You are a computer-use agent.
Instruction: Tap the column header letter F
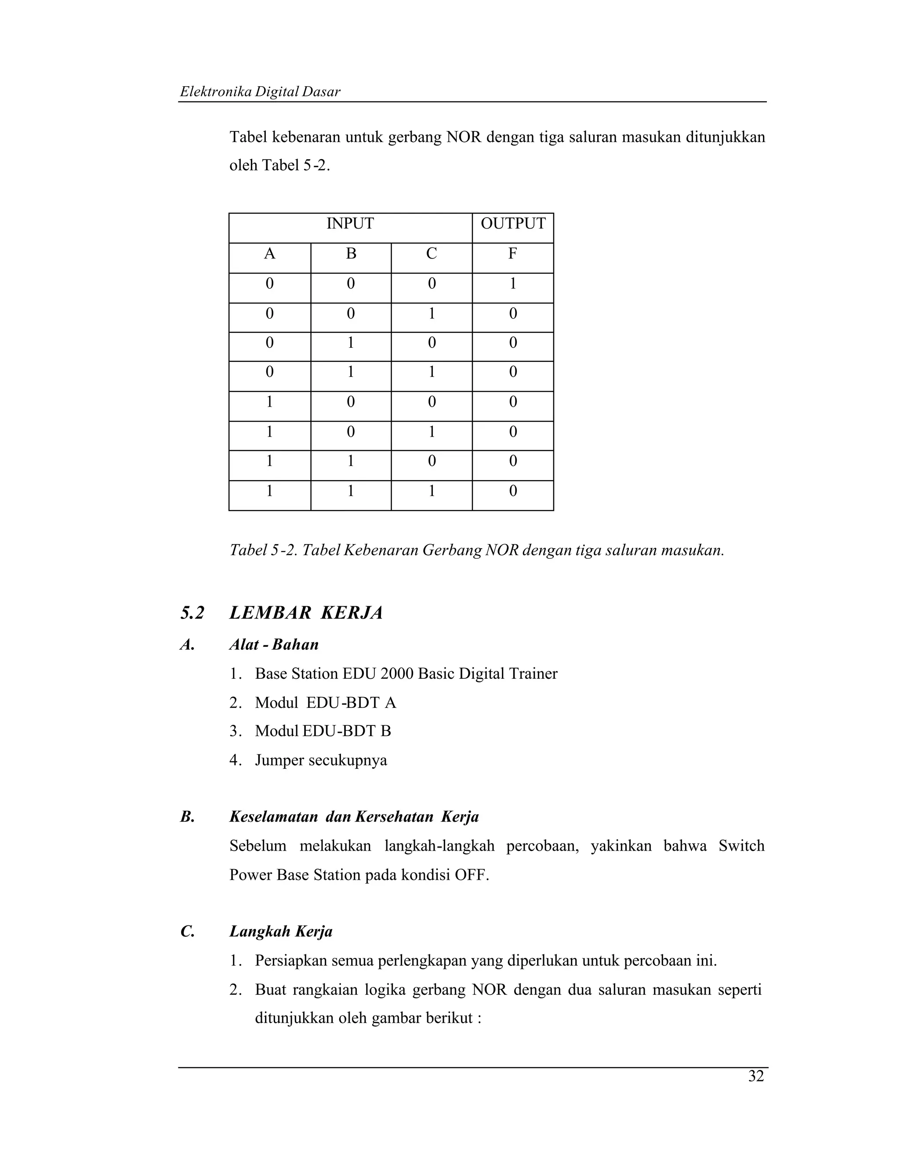pos(512,254)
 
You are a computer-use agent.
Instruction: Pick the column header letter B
pos(351,254)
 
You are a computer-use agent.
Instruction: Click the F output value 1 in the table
pos(513,284)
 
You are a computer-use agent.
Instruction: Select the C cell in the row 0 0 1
pos(432,313)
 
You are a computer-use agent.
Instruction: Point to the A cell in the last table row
pos(270,491)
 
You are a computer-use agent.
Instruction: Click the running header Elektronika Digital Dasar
pos(260,92)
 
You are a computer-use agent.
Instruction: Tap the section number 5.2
pos(192,613)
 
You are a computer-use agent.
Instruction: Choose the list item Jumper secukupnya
pos(320,760)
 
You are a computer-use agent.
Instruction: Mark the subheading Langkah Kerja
pos(281,932)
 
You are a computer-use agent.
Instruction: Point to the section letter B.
pos(187,817)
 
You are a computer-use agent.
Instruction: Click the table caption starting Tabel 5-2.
pos(477,550)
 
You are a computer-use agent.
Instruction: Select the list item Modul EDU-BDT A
pos(325,703)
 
